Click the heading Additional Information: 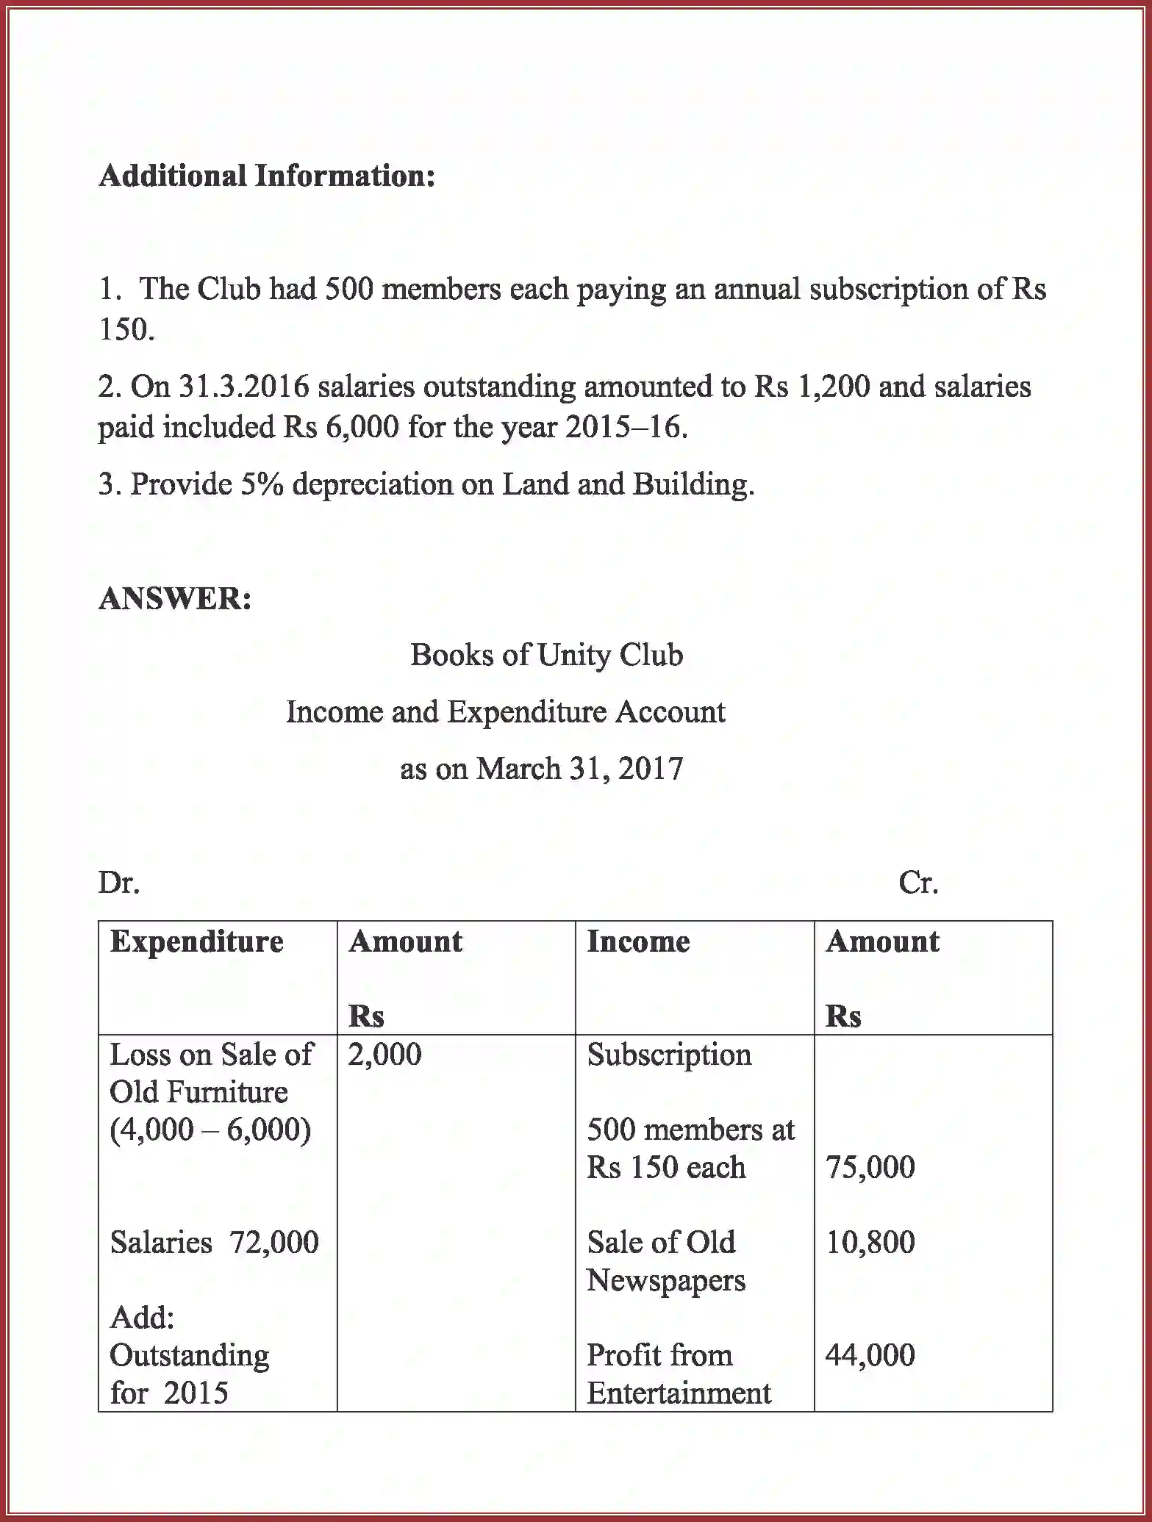267,176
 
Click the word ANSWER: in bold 175,599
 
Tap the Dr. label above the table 119,882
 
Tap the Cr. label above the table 918,882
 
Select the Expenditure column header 196,941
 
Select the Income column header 638,941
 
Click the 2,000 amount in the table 384,1055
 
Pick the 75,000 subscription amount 870,1167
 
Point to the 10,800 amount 870,1243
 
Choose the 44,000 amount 870,1355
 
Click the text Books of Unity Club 546,655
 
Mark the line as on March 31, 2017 541,769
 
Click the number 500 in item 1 348,289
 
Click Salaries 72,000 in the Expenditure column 214,1243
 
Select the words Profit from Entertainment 678,1374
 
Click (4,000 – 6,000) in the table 210,1130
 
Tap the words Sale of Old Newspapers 665,1261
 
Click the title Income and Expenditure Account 505,712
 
